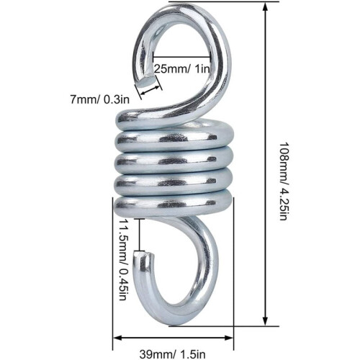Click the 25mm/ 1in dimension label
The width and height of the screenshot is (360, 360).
click(181, 69)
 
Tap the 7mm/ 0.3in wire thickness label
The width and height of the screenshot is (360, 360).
click(100, 99)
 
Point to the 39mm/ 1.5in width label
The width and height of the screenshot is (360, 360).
click(172, 354)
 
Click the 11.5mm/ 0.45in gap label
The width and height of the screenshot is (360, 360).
click(122, 260)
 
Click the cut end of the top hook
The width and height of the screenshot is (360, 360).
click(147, 81)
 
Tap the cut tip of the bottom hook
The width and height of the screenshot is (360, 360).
click(143, 254)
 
